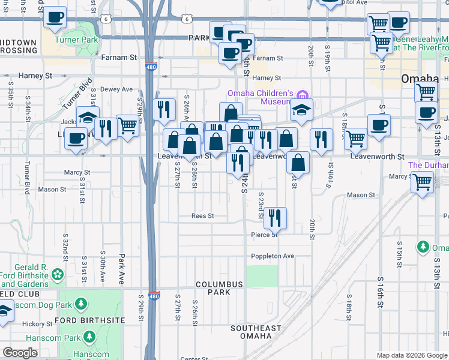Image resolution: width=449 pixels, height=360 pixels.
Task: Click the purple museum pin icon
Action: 303,94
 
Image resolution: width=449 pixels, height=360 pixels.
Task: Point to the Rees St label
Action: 202,216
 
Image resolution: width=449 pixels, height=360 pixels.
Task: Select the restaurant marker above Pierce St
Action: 275,219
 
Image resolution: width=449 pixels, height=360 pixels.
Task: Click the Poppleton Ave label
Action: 273,256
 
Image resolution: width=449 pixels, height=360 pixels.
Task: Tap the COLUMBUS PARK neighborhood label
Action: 218,288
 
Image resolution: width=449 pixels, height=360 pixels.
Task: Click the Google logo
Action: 20,353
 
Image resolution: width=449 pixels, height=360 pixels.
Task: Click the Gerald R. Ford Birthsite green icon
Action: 58,274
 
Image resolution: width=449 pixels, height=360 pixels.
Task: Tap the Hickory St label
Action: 37,324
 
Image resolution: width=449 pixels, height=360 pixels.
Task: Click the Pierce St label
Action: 264,235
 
